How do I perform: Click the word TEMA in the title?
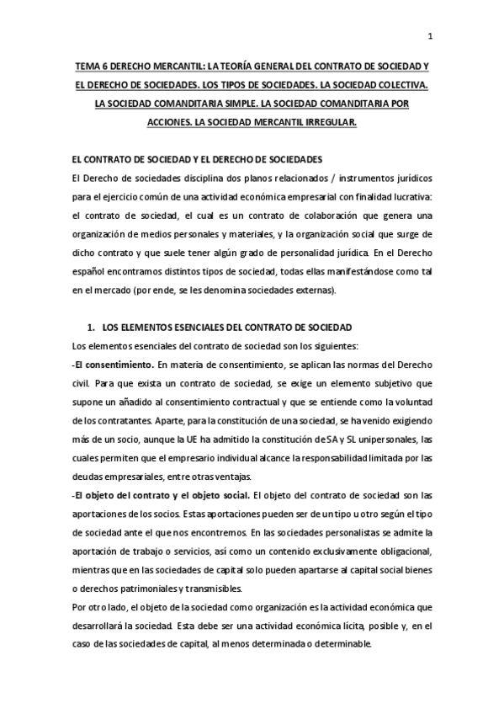point(89,67)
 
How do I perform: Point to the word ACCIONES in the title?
point(170,122)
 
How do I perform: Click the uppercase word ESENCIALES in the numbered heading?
point(208,327)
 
